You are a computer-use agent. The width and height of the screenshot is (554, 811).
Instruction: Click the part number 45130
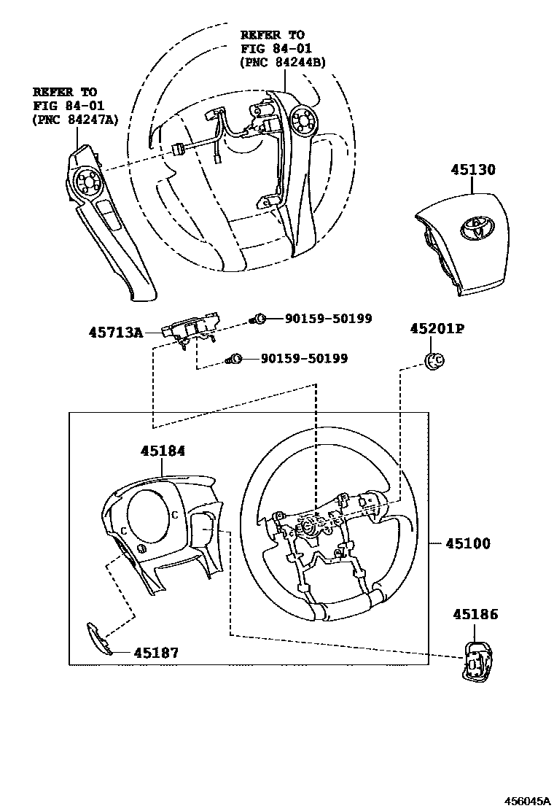(472, 170)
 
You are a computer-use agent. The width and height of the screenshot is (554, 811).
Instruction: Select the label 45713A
(115, 332)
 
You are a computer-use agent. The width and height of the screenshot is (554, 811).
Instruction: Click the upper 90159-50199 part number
(328, 318)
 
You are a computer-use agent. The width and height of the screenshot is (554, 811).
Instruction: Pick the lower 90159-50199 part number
(305, 358)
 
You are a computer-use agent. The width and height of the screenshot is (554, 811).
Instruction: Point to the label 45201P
(436, 329)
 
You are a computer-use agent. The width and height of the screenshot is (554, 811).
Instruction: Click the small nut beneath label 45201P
(434, 359)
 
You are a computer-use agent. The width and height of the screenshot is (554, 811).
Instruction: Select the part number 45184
(163, 451)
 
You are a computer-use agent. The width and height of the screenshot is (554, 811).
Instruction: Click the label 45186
(475, 615)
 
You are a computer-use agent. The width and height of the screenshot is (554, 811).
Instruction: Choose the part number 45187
(156, 653)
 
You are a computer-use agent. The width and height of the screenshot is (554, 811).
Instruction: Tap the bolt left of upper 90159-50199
(258, 318)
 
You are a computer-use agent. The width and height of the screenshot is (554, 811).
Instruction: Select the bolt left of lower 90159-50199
(235, 358)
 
